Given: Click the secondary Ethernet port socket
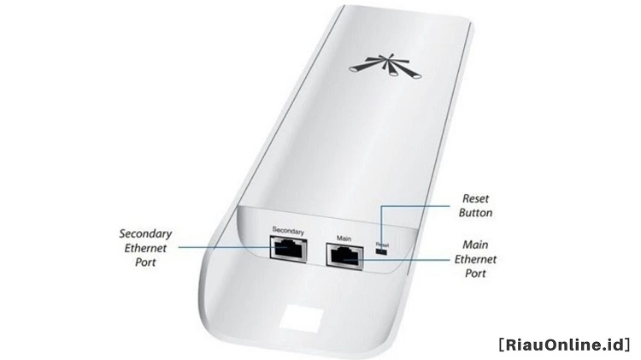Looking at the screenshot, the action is point(288,249).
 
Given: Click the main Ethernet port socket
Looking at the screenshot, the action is point(344,256).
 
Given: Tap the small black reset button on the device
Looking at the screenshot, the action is point(382,251).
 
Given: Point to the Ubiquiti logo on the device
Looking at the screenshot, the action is point(385,66).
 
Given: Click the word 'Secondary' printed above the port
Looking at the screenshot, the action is point(288,231).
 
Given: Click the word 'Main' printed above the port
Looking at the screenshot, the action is point(344,238).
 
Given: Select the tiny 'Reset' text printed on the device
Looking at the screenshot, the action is point(382,245).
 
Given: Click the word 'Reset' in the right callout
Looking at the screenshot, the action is point(475,198).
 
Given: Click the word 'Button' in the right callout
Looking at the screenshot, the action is point(475,213).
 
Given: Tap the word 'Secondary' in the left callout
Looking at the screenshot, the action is point(145,234).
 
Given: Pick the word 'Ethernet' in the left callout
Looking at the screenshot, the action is point(145,248).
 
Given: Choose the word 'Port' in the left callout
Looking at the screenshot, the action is point(145,263).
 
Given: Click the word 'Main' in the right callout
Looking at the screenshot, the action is point(475,245).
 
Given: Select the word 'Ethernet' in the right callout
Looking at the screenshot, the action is point(475,259).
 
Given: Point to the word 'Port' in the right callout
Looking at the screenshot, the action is point(475,274).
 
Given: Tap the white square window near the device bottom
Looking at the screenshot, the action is point(302,317).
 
